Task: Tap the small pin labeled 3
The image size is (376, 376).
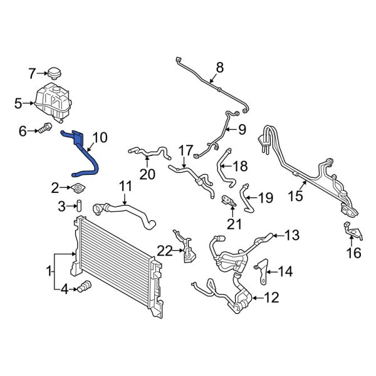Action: tap(80, 206)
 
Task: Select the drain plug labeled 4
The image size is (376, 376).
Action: tap(83, 288)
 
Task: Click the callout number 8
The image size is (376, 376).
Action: tap(219, 67)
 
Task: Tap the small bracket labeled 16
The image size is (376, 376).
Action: tap(352, 231)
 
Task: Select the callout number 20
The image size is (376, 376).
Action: tap(147, 174)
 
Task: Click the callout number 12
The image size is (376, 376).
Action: tap(271, 298)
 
